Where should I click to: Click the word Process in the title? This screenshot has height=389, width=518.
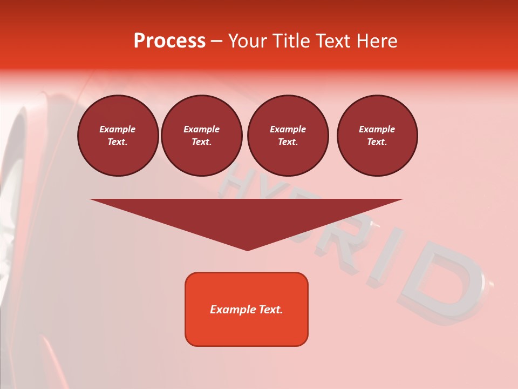pyautogui.click(x=169, y=41)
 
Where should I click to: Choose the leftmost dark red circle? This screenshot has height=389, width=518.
pyautogui.click(x=118, y=136)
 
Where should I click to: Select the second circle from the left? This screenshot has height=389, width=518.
pyautogui.click(x=202, y=136)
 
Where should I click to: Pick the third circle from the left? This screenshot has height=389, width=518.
pyautogui.click(x=288, y=136)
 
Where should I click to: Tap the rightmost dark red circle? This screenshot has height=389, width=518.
pyautogui.click(x=377, y=136)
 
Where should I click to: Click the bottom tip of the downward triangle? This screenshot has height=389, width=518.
pyautogui.click(x=248, y=250)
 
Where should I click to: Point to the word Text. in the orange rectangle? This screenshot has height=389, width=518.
pyautogui.click(x=271, y=310)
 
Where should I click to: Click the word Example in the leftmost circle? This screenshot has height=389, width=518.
pyautogui.click(x=118, y=129)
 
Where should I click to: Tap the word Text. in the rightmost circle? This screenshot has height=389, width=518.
pyautogui.click(x=377, y=142)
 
